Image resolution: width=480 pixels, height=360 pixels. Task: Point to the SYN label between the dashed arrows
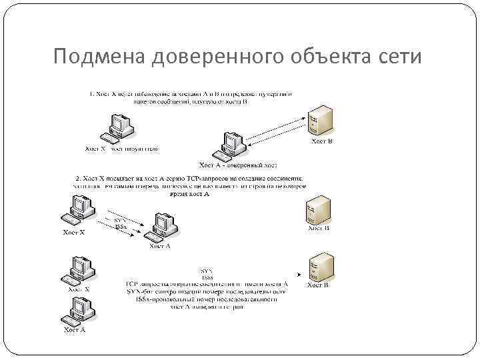click(120, 219)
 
